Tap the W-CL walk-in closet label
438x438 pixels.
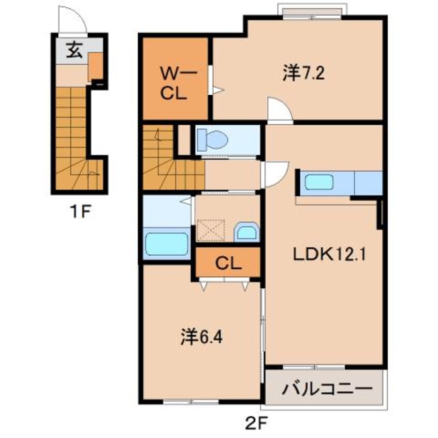(173, 84)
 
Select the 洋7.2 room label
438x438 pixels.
(303, 74)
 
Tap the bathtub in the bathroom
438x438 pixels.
(166, 243)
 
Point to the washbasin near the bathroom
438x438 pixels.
(246, 232)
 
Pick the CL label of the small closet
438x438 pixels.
(227, 264)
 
